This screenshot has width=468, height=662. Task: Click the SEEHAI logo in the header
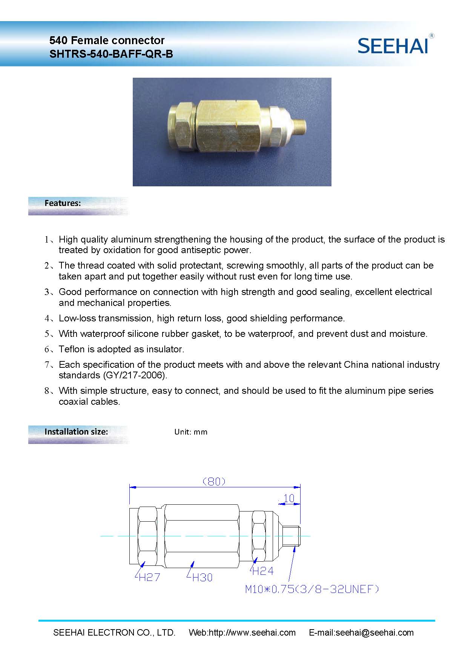393,46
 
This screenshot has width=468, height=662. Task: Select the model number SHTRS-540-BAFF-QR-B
111,54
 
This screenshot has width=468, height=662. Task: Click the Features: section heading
63,203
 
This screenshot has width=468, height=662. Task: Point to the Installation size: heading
76,432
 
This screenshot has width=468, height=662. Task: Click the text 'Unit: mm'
191,432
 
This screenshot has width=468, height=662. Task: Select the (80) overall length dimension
214,481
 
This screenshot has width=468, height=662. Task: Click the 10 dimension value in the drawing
288,499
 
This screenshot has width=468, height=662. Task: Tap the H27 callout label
149,577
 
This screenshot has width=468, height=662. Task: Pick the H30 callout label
202,578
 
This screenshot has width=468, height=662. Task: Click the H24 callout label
262,571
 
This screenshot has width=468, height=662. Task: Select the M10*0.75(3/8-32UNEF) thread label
312,589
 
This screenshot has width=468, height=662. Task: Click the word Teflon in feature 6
72,349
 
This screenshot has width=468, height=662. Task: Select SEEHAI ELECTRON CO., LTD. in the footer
114,633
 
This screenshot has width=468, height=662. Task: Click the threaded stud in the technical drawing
293,536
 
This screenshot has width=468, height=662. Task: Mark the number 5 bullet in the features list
47,334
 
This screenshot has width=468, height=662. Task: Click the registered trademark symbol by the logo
432,36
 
